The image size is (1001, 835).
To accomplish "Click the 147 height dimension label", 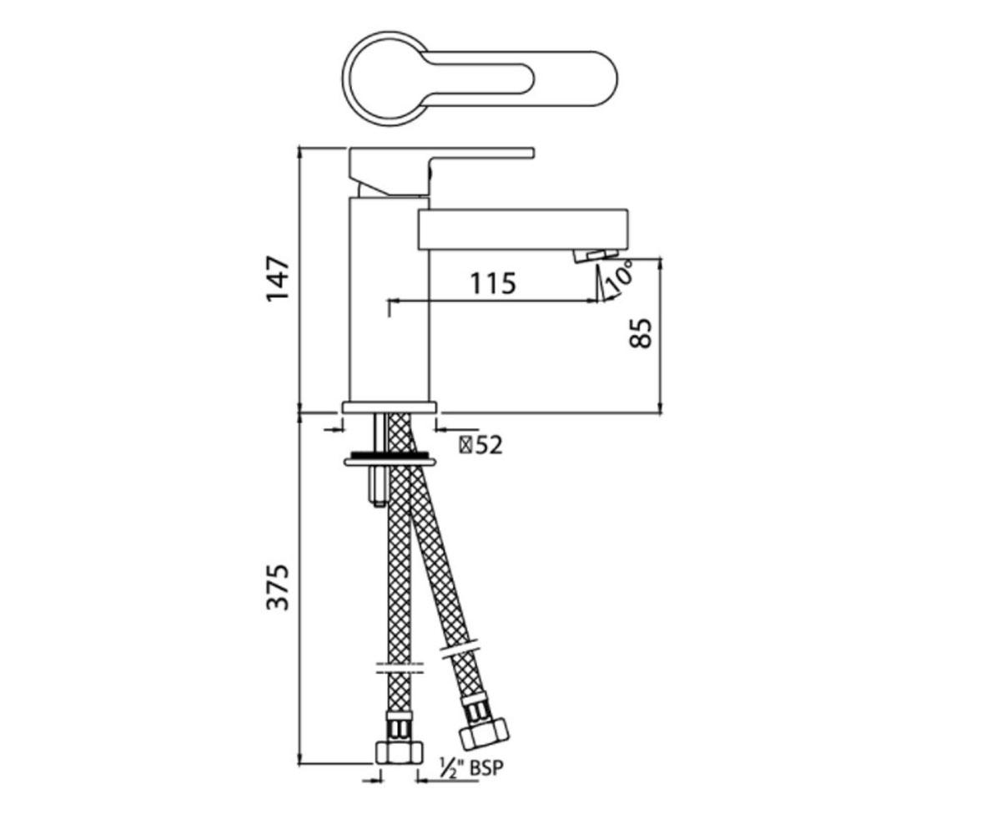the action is [x=278, y=278].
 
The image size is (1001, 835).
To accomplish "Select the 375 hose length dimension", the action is [x=278, y=588].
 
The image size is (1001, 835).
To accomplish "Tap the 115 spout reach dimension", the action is [x=493, y=283].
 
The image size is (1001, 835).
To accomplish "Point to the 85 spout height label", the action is [x=641, y=332].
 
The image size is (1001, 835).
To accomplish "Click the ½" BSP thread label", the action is [x=472, y=768].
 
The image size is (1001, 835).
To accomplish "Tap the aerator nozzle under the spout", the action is [x=596, y=255].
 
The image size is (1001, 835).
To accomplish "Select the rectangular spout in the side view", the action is [x=522, y=230].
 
